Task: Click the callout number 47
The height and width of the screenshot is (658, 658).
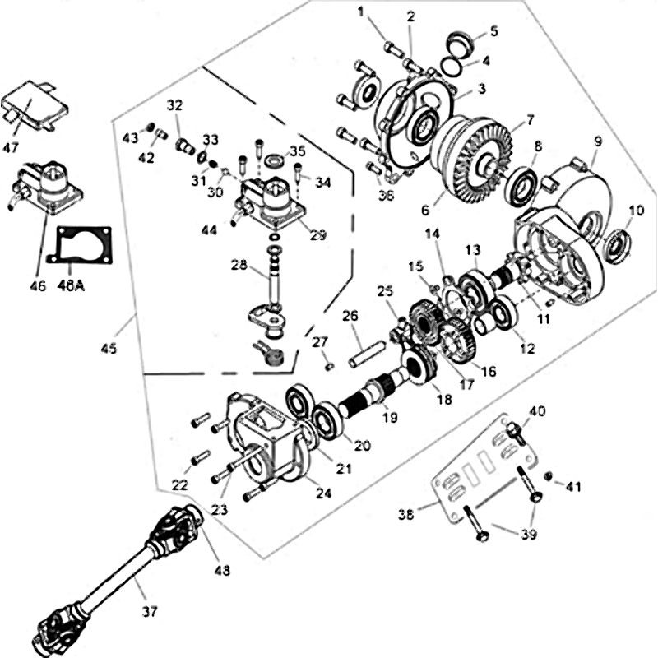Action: click(x=11, y=148)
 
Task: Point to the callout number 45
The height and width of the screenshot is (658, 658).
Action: click(x=109, y=348)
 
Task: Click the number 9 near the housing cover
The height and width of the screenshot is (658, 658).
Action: click(x=597, y=140)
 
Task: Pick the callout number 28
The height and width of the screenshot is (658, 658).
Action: click(x=238, y=265)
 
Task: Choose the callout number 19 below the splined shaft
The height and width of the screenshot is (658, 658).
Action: click(x=389, y=417)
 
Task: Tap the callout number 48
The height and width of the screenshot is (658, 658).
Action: click(x=221, y=569)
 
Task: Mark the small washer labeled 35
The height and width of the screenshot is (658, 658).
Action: click(x=275, y=156)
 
